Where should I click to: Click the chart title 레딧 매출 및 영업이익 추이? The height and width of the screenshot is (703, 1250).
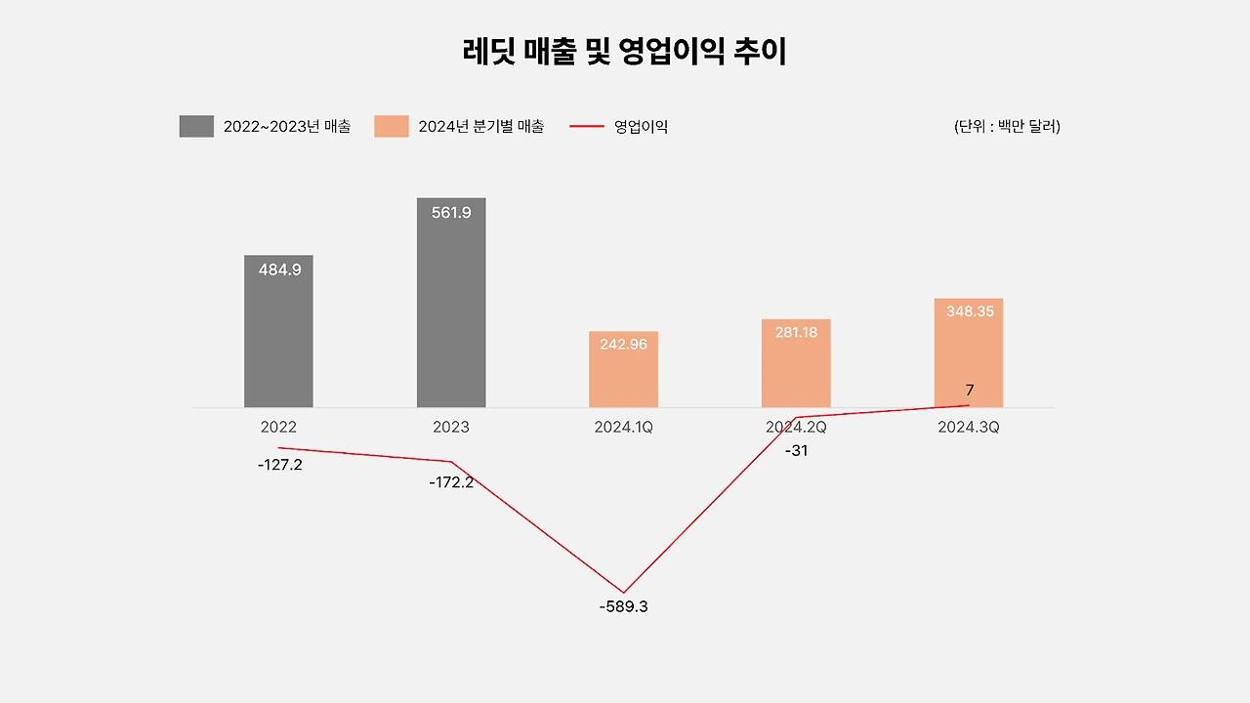point(625,51)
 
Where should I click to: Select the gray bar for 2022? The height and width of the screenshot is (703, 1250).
point(278,342)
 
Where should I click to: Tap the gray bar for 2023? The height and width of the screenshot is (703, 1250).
point(451,312)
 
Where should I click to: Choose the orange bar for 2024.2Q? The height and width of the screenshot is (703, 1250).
point(796,371)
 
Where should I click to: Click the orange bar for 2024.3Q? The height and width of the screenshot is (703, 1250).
point(968,356)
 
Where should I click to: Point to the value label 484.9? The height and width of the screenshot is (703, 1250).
point(279,269)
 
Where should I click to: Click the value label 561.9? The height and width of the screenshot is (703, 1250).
point(451,212)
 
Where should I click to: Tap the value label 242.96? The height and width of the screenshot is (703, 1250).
point(623,344)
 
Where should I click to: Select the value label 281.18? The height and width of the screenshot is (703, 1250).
point(796,332)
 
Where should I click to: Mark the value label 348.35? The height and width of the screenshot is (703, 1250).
point(970,311)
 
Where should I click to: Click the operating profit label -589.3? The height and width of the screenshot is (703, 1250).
point(623,606)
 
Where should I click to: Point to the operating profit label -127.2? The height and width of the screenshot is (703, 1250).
point(280,465)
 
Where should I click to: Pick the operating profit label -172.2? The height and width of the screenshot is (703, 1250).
point(451,482)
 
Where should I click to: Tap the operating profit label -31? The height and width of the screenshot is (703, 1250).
point(796,451)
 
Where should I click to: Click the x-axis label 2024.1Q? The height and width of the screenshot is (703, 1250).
point(623,428)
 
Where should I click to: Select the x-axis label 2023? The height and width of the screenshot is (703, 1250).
point(451,428)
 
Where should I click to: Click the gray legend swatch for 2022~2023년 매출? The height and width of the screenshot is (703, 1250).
point(196,126)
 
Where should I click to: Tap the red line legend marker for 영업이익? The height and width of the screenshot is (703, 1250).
point(586,126)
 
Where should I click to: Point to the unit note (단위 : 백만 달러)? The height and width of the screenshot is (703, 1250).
point(1007,126)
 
